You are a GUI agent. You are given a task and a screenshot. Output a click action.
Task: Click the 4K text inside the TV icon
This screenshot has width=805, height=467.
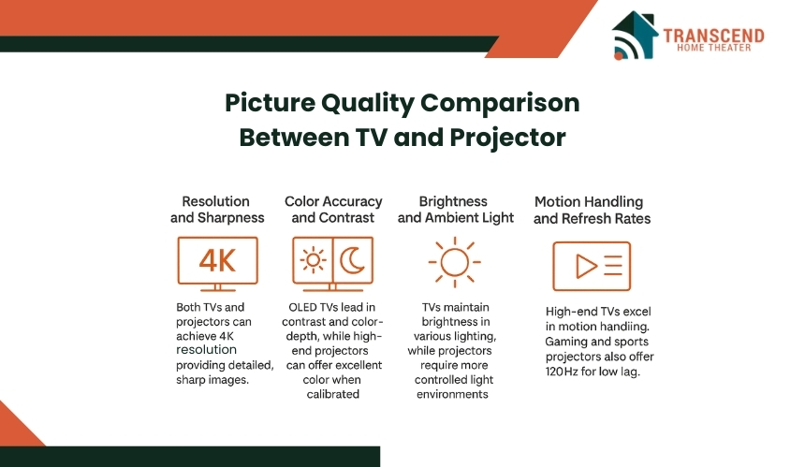217,261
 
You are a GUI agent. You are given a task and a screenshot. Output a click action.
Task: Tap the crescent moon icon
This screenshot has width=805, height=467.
351,261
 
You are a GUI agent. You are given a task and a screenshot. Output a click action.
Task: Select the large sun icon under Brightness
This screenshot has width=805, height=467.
454,262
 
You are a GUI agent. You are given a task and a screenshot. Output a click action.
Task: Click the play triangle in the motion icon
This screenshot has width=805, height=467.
586,267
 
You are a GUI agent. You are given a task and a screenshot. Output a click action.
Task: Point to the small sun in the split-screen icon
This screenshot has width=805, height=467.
313,260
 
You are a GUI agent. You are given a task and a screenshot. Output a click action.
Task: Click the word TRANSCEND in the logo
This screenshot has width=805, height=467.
713,36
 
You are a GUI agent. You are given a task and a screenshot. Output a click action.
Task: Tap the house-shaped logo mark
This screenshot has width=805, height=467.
635,36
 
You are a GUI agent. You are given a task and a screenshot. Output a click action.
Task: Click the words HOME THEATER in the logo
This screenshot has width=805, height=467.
713,48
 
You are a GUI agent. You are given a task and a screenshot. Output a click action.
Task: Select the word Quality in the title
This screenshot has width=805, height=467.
368,103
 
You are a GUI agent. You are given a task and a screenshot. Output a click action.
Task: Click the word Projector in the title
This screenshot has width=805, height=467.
507,138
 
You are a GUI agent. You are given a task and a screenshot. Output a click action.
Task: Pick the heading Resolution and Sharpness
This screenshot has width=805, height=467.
217,210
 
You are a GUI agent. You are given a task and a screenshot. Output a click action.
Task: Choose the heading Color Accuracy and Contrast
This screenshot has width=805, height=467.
333,210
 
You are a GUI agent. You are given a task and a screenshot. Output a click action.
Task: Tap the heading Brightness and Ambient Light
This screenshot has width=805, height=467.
455,210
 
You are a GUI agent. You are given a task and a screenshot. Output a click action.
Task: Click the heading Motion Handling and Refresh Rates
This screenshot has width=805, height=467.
592,210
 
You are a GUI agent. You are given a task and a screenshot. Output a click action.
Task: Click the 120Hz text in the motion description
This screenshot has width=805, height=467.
562,371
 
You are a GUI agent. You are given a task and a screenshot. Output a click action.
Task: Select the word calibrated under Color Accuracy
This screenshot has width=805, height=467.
332,394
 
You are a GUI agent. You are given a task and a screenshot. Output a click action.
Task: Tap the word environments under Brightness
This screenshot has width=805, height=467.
452,394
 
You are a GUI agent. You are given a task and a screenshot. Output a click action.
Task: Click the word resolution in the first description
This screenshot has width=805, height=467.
206,350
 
